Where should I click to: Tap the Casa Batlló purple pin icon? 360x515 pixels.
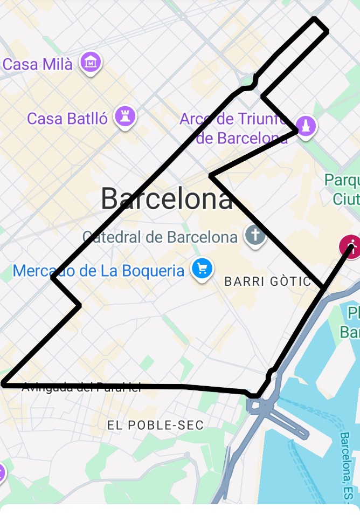(x=126, y=115)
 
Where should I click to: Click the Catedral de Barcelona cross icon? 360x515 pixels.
(x=254, y=236)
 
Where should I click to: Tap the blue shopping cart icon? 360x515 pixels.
(x=202, y=269)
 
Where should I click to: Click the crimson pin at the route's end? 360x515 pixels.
(x=351, y=247)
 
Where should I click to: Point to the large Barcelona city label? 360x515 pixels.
(x=167, y=198)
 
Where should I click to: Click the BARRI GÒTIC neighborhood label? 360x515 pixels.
(x=268, y=281)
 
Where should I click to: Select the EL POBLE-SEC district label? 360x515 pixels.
(x=156, y=425)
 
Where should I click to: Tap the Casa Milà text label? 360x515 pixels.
(x=37, y=64)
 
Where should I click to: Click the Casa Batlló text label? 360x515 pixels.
(x=67, y=118)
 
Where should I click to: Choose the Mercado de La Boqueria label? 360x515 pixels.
(x=99, y=270)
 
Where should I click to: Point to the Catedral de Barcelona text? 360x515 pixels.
(x=160, y=237)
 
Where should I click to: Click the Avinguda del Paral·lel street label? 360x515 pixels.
(x=81, y=387)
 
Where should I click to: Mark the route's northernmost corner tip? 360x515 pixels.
(x=315, y=19)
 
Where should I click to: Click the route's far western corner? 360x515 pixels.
(x=4, y=384)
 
